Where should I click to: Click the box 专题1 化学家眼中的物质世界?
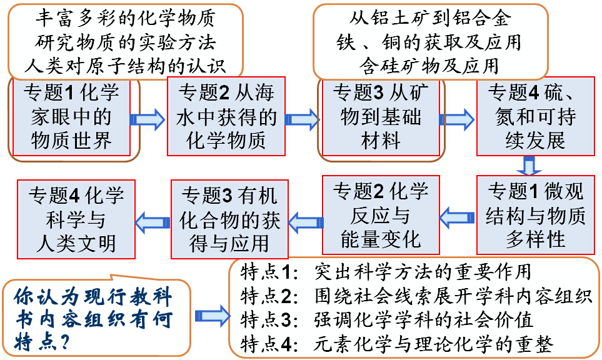pos(71,116)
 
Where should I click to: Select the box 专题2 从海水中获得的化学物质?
pos(226,116)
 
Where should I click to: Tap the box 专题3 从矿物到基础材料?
pos(381,116)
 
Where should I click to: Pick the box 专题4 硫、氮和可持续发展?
pos(535,116)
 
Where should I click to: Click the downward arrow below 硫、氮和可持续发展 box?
pos(530,166)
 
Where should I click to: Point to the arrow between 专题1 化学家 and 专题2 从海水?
pos(148,119)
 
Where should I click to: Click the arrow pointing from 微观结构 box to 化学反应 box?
pos(457,217)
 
